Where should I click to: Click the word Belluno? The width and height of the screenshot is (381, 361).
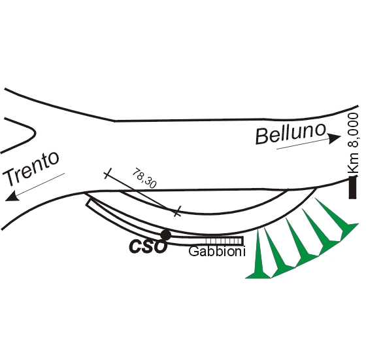pyautogui.click(x=290, y=134)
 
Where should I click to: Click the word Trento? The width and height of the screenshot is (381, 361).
pyautogui.click(x=31, y=168)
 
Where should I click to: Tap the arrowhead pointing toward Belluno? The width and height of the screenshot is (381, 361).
pyautogui.click(x=334, y=138)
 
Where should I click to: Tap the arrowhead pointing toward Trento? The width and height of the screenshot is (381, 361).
pyautogui.click(x=12, y=197)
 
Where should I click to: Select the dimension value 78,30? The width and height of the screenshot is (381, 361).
pyautogui.click(x=144, y=178)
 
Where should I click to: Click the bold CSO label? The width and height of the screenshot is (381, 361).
pyautogui.click(x=148, y=246)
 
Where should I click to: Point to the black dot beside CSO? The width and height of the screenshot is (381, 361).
pyautogui.click(x=166, y=235)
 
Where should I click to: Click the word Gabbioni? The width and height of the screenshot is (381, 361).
pyautogui.click(x=217, y=252)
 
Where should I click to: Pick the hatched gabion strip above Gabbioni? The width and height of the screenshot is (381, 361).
pyautogui.click(x=224, y=241)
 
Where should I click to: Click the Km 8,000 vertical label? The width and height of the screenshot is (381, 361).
pyautogui.click(x=354, y=143)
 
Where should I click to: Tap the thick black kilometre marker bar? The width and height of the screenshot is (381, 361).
pyautogui.click(x=352, y=187)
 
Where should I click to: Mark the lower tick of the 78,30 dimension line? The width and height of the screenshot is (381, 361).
pyautogui.click(x=178, y=211)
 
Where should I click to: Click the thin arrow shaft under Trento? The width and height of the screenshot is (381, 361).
pyautogui.click(x=40, y=183)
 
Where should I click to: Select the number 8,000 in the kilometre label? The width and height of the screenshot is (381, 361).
pyautogui.click(x=354, y=130)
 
